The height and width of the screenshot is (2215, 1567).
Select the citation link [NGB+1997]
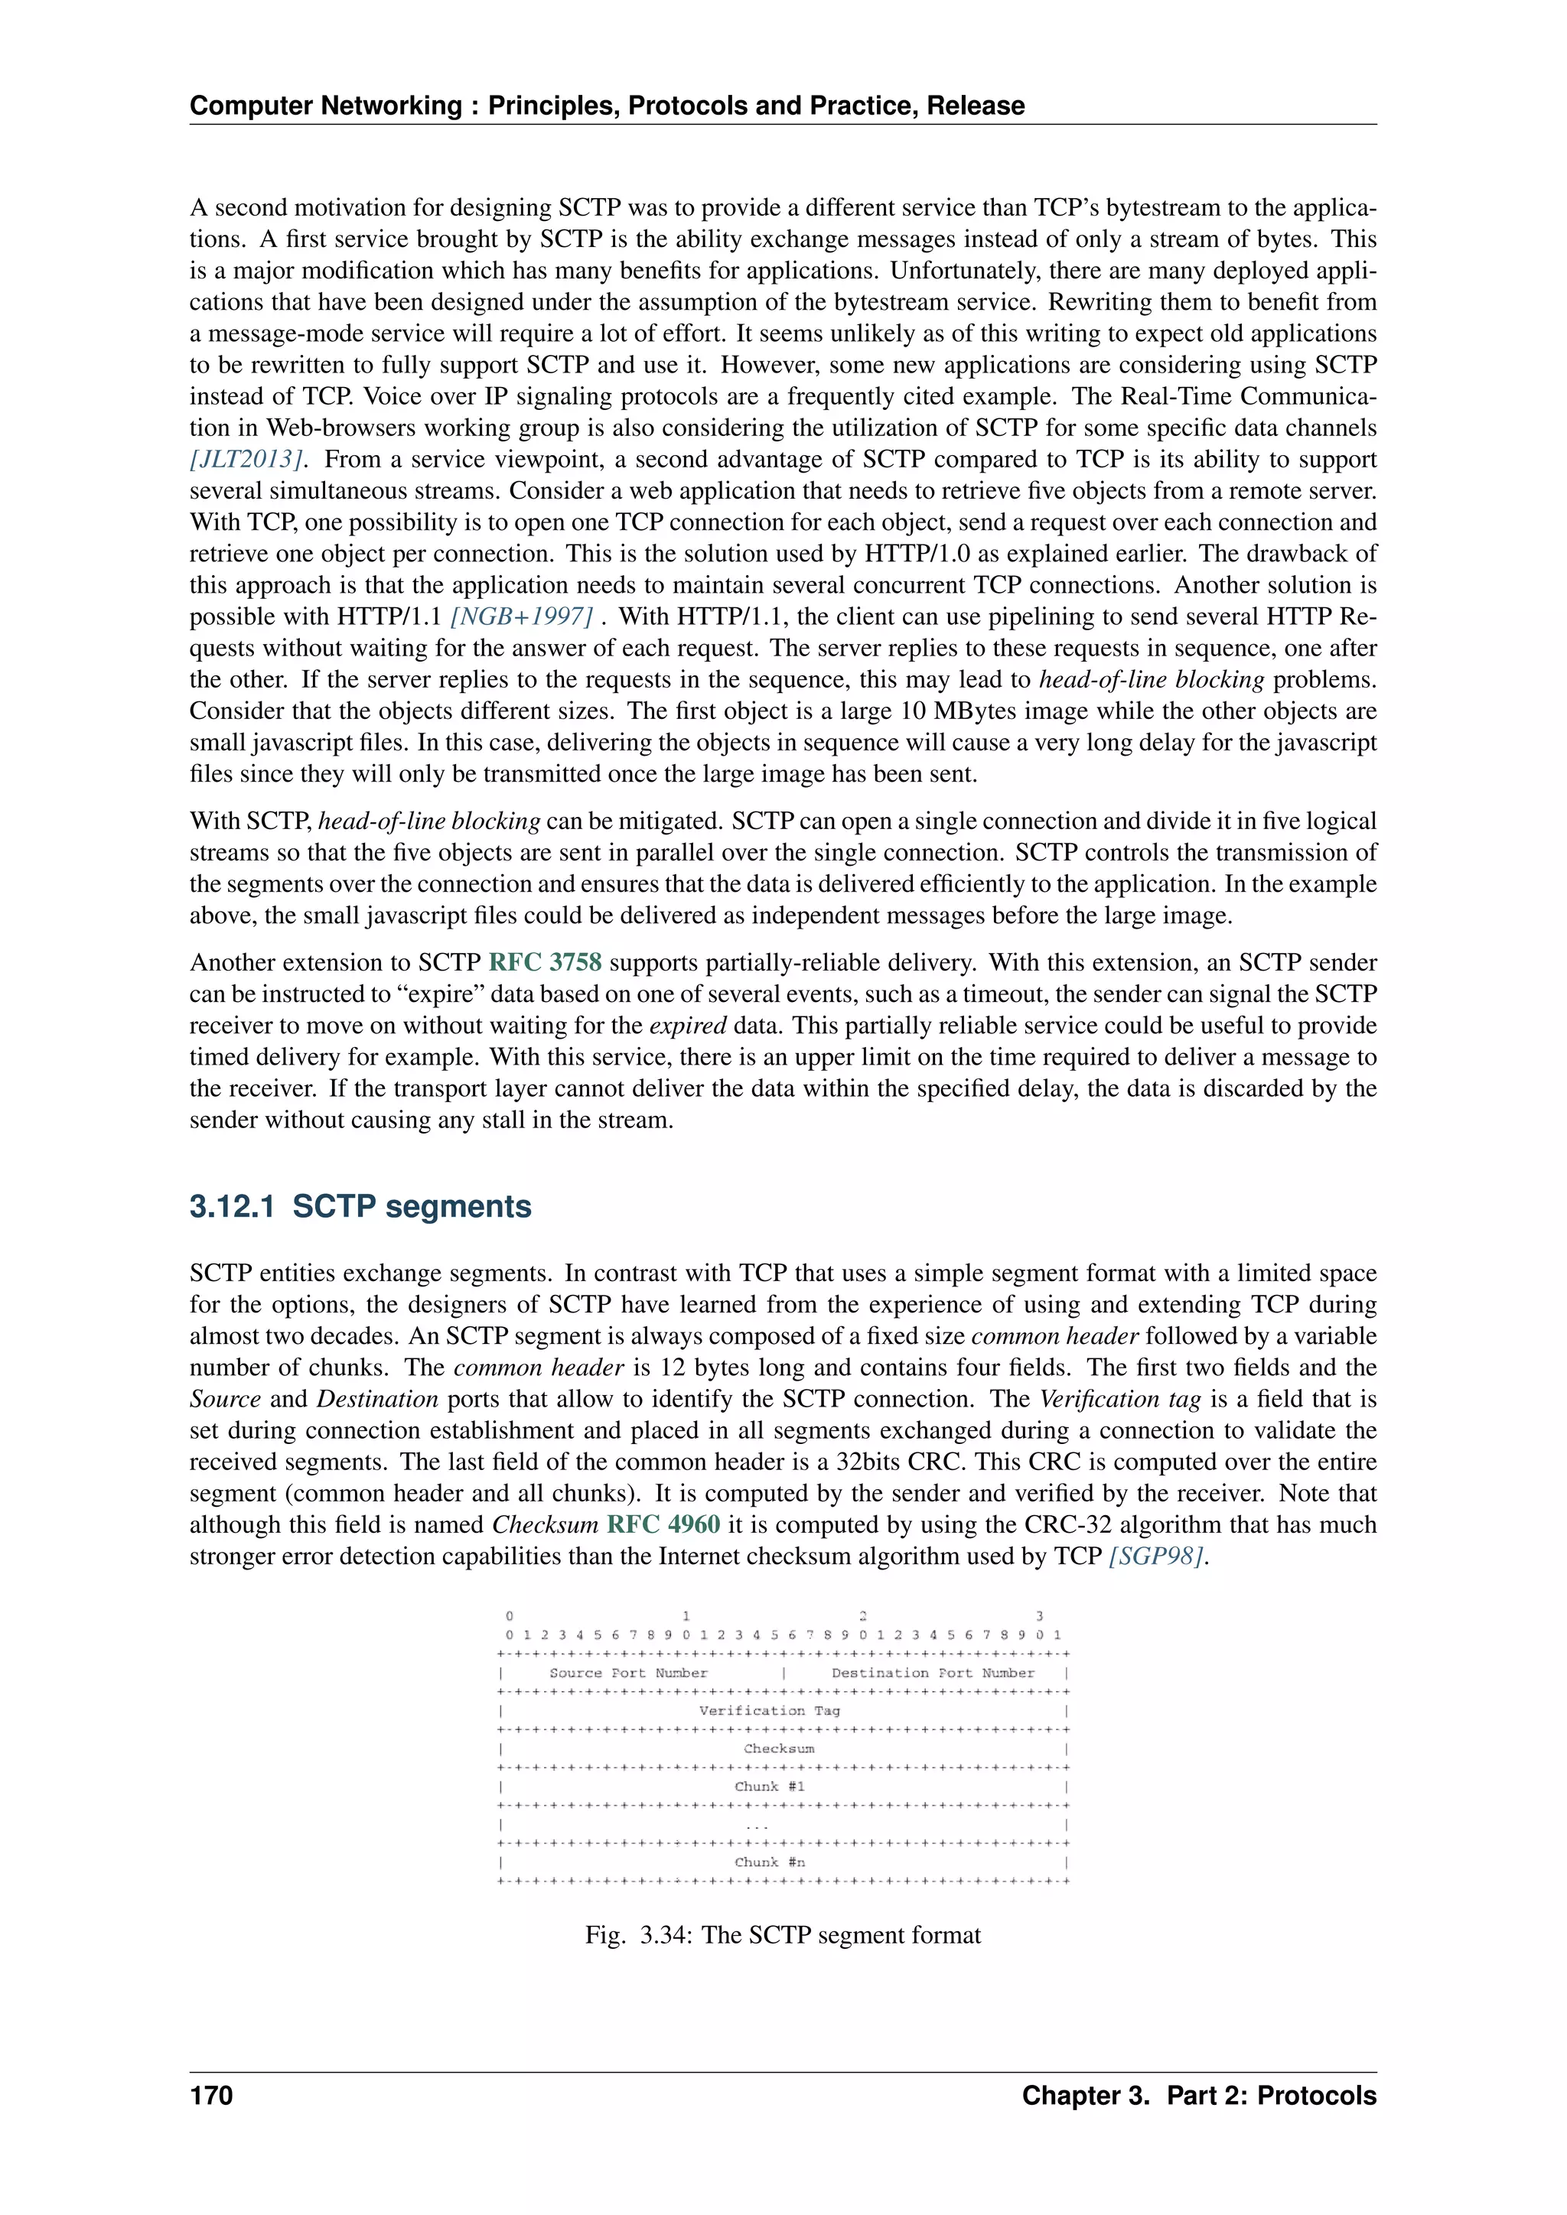coord(521,616)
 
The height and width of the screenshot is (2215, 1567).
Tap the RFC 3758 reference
coord(546,963)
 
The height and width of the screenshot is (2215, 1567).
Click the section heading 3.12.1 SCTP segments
coord(360,1207)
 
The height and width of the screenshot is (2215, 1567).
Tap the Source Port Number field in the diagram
coord(628,1673)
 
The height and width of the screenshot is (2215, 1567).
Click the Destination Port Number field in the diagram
coord(932,1673)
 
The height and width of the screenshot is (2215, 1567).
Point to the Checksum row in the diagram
coord(779,1749)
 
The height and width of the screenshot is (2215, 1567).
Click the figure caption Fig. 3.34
coord(783,1935)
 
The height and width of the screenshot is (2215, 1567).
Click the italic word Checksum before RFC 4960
coord(546,1525)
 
